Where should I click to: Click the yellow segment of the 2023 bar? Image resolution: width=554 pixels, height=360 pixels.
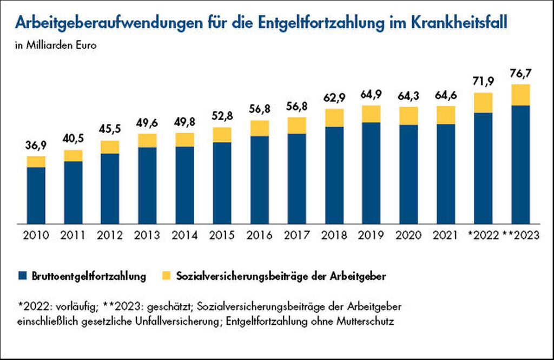520,95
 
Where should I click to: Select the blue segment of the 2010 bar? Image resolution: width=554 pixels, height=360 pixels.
36,195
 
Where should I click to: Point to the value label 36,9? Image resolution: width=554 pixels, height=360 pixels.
36,145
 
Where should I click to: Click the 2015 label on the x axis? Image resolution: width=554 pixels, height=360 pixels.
222,235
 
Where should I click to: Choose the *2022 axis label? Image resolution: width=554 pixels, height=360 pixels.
483,235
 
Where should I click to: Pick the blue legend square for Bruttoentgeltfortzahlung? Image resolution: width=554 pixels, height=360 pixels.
22,276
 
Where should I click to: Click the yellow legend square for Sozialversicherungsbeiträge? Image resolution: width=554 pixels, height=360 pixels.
166,276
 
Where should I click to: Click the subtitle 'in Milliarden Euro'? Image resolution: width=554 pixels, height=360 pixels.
56,45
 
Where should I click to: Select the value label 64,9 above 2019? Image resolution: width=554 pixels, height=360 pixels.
371,95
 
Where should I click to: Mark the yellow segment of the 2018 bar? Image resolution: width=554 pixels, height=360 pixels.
334,118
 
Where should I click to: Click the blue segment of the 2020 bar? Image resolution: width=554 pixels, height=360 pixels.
409,174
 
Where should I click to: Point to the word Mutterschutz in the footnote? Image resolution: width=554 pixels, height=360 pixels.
365,322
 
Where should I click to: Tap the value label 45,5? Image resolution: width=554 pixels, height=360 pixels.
110,129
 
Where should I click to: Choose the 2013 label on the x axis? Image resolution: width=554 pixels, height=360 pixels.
147,235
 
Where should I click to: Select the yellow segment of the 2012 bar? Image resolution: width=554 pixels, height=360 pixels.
110,147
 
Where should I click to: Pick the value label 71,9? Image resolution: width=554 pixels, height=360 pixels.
483,81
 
